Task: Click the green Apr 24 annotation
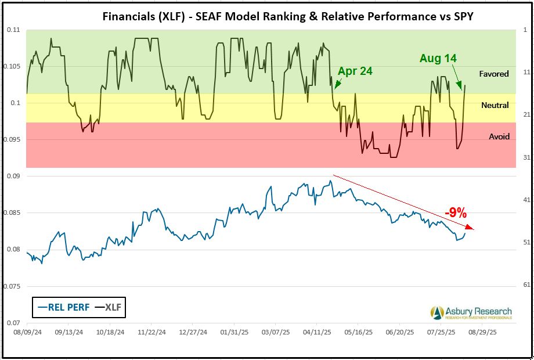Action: [x=355, y=71]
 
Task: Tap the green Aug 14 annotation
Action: [x=438, y=59]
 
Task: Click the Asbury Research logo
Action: [x=471, y=312]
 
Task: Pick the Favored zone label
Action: [x=494, y=74]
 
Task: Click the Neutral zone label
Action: [x=495, y=105]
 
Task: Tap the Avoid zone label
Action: [x=499, y=136]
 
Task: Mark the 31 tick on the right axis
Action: [x=525, y=157]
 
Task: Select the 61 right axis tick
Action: [x=525, y=285]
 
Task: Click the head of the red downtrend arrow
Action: [x=472, y=228]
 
